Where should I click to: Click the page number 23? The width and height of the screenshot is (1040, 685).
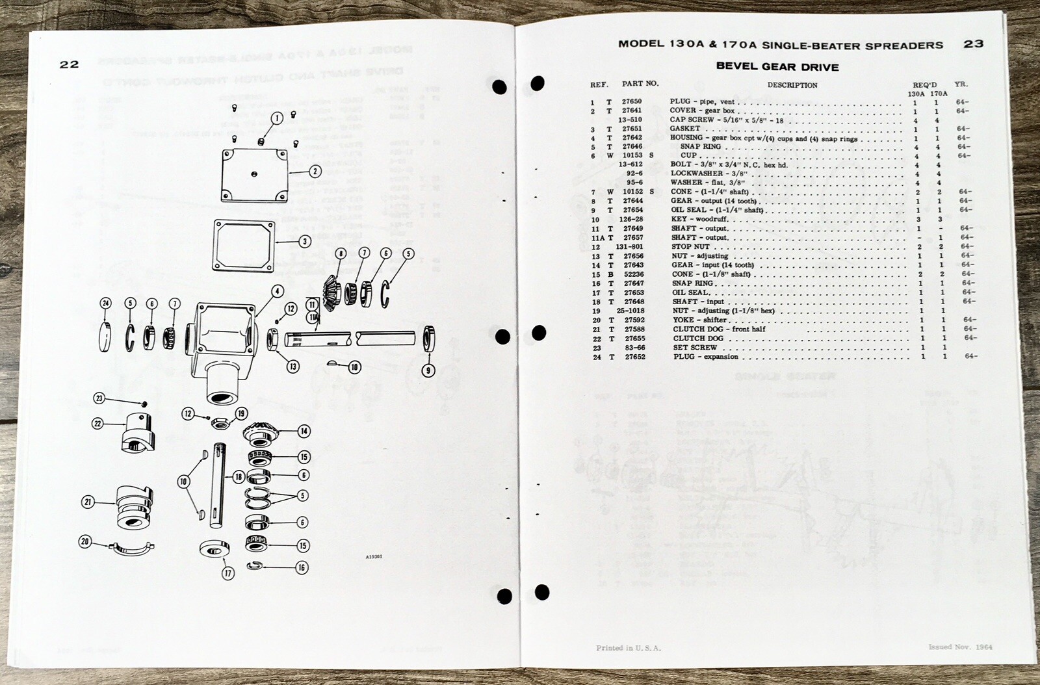coord(973,44)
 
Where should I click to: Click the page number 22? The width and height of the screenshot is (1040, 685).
coord(69,64)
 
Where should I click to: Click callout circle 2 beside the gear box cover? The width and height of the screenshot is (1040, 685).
coord(315,172)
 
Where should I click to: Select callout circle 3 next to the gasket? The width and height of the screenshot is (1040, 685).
coord(305,241)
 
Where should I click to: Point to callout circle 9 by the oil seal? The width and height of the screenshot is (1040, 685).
coord(428,371)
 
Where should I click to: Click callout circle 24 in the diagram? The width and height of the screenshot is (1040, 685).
coord(106,303)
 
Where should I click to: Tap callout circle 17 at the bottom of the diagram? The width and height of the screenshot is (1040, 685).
coord(227,573)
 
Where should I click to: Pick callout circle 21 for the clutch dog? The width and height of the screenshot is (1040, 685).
coord(88,501)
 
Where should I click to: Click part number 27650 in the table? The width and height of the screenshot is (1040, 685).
coord(631,101)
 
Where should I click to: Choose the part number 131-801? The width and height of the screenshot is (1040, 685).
coord(629,247)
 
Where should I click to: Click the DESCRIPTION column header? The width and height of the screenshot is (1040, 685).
coord(792,84)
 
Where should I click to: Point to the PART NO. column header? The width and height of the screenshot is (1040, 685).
coord(640,83)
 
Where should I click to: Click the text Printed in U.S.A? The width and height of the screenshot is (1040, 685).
coord(628,648)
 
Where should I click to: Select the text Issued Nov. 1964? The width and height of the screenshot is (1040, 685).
coord(960,647)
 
